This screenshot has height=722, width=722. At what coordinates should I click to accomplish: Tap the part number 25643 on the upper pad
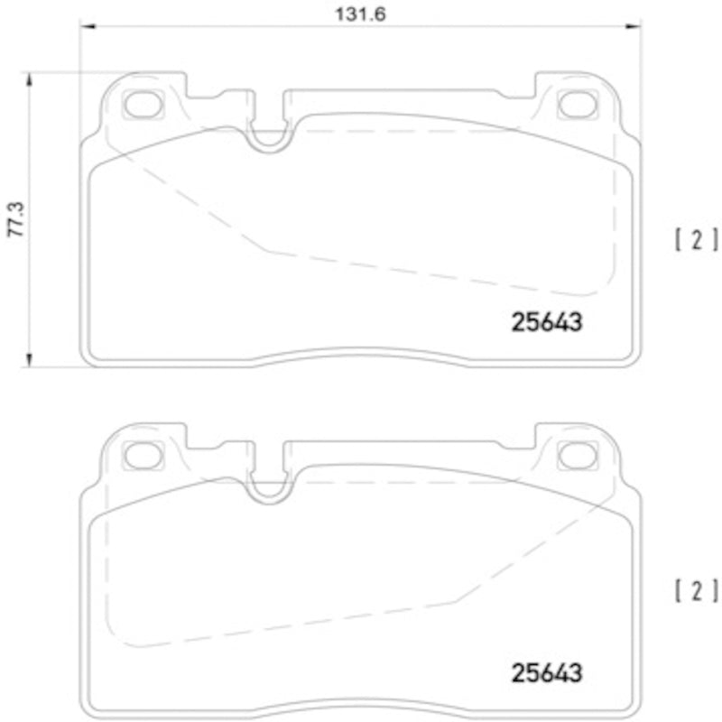[x=547, y=322]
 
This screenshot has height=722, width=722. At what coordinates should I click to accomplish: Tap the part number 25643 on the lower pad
[x=547, y=673]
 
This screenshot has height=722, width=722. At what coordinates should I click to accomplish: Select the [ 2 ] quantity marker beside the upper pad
[x=696, y=239]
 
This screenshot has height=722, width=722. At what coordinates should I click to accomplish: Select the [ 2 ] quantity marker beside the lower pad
[x=696, y=591]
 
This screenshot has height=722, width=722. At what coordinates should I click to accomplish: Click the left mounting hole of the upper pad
[x=141, y=105]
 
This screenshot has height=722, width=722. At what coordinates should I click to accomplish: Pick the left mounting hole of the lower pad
[x=141, y=457]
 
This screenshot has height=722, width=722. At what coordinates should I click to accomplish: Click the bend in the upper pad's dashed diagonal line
[x=263, y=248]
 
